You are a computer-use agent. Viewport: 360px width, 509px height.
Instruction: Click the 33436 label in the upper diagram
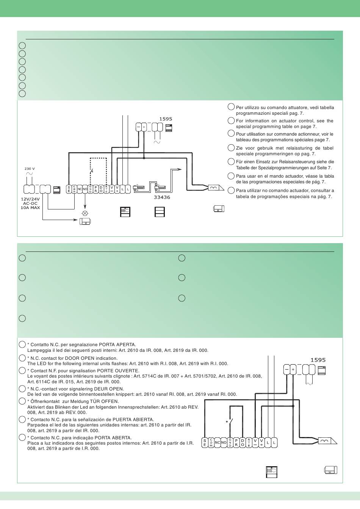[162, 197]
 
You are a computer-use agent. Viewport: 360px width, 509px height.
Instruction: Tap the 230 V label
[30, 169]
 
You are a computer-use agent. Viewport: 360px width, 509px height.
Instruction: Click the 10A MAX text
[30, 208]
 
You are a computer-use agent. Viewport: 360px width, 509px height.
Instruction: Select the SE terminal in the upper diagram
[69, 189]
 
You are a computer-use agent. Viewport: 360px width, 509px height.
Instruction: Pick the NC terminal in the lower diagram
[217, 442]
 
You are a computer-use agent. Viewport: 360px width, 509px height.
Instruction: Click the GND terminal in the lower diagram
[230, 442]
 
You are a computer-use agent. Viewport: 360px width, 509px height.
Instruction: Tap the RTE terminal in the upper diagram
[106, 189]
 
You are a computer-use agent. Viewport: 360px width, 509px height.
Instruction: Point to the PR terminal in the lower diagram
[236, 442]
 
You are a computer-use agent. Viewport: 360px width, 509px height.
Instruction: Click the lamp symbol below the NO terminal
[85, 213]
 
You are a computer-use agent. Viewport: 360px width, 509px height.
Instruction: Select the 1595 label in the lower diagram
[318, 360]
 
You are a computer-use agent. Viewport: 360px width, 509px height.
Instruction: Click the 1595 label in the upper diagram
[166, 119]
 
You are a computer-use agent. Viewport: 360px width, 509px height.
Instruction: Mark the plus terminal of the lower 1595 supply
[293, 369]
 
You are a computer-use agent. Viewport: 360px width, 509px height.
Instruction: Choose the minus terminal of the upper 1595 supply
[138, 127]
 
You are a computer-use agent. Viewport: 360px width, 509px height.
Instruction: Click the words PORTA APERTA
[117, 345]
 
